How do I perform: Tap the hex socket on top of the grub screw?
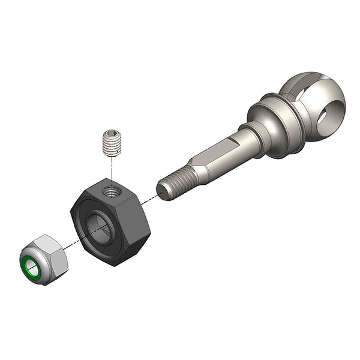coord(109,132)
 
